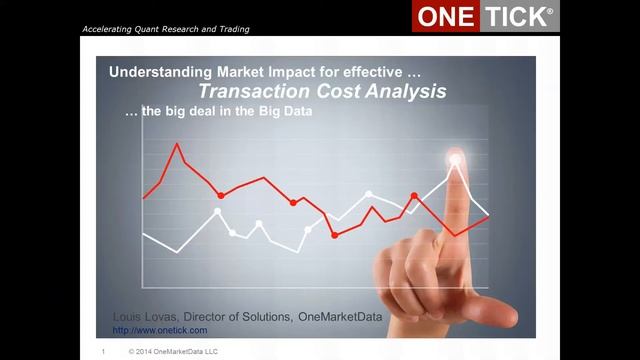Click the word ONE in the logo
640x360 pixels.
point(445,17)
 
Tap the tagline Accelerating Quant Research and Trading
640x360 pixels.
point(166,29)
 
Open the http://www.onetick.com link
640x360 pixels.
point(160,330)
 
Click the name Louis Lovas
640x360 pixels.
point(146,317)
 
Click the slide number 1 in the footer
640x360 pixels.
point(103,352)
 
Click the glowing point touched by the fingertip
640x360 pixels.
point(456,158)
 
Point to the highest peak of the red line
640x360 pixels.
point(178,144)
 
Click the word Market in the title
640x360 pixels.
point(231,73)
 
